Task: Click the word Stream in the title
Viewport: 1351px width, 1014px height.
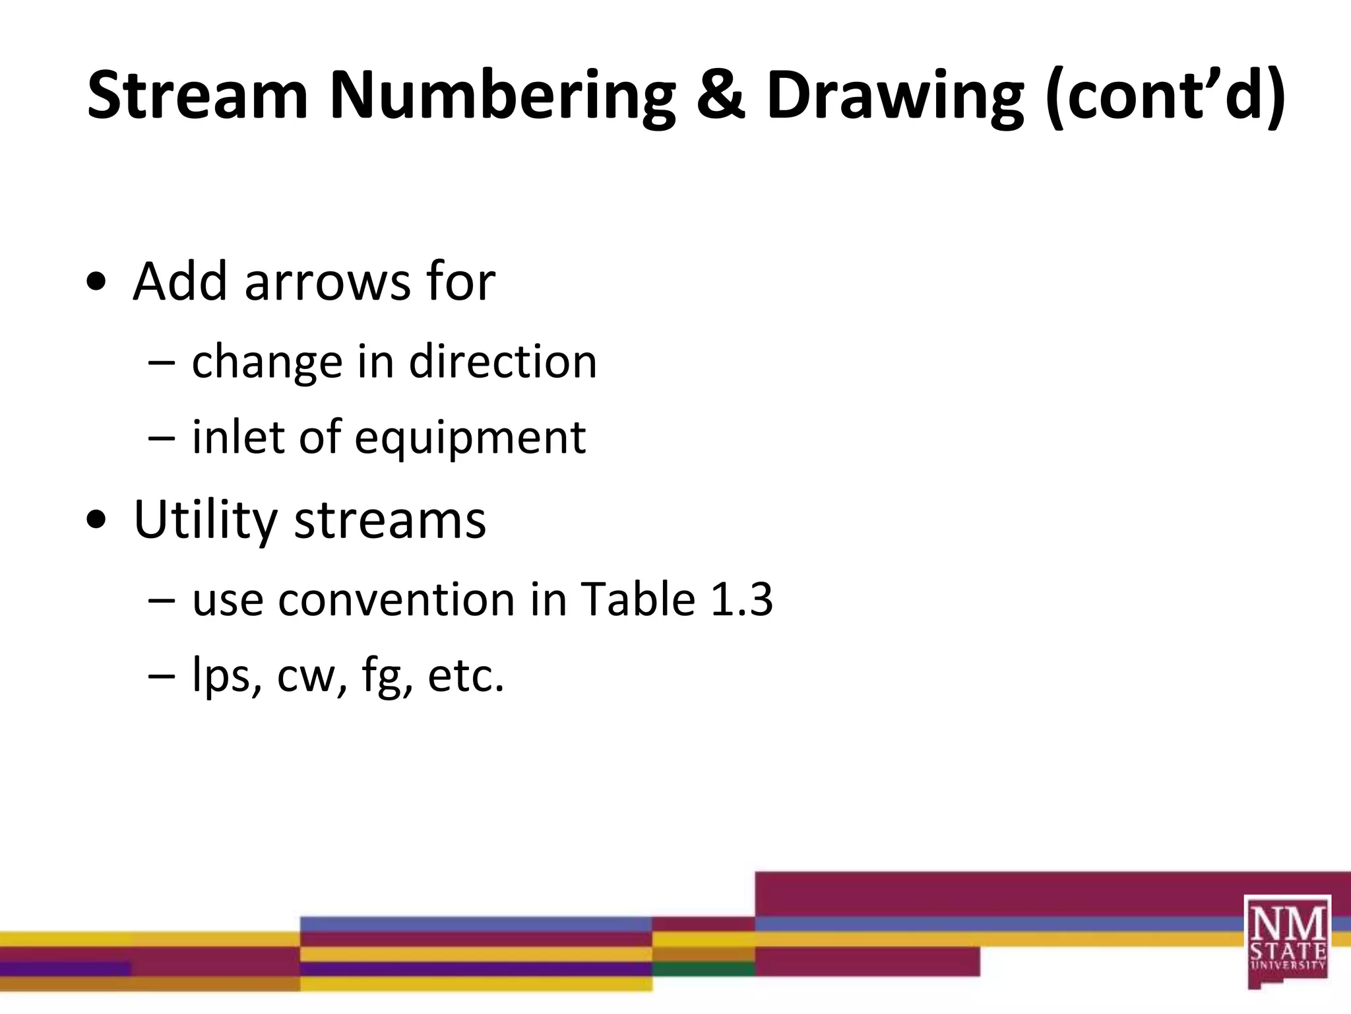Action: (x=197, y=96)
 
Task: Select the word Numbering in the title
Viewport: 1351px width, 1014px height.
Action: (x=502, y=97)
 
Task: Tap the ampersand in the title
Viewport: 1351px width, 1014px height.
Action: (x=720, y=96)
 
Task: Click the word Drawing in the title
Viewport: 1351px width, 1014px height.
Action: (x=895, y=97)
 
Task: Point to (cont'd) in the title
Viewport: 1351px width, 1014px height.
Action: (x=1165, y=97)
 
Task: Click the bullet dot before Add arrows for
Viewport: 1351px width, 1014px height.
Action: (x=96, y=282)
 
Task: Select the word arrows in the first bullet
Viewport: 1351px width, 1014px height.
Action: (x=328, y=282)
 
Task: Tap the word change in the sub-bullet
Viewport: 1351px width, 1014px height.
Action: (x=267, y=363)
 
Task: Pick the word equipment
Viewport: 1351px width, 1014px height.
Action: (x=470, y=438)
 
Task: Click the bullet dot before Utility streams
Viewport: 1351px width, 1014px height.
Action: (x=96, y=520)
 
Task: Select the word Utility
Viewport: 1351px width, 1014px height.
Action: (x=204, y=521)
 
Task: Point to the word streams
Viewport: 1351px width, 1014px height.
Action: (x=390, y=521)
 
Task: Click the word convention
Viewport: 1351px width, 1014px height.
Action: (x=395, y=600)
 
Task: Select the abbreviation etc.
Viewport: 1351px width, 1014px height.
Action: (x=466, y=676)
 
